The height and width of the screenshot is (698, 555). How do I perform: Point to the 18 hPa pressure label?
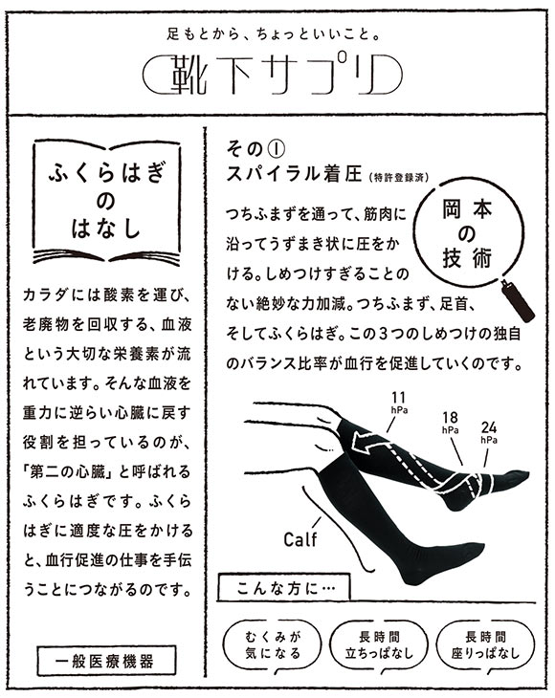tap(449, 421)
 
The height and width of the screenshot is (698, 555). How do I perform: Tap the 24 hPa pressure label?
tap(489, 431)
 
